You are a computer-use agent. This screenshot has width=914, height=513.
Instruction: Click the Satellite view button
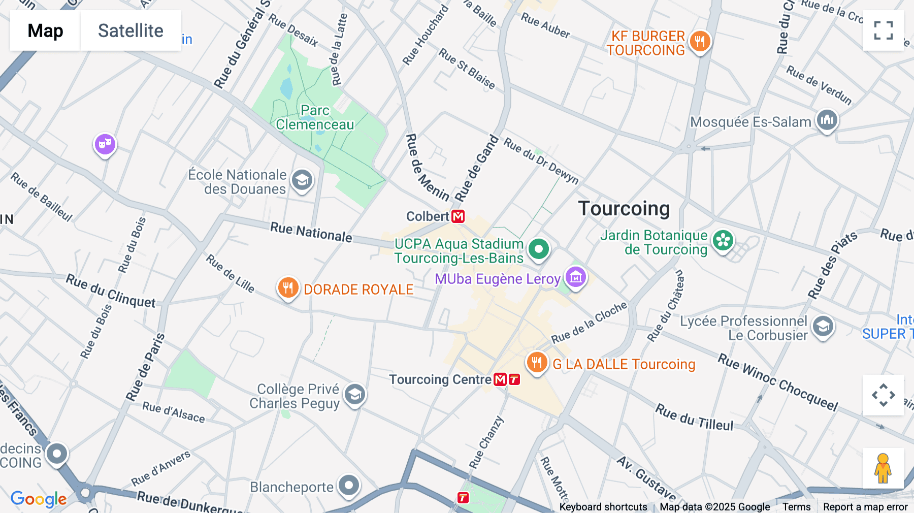pos(130,30)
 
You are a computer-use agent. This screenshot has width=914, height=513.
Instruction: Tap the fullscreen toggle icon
pos(883,30)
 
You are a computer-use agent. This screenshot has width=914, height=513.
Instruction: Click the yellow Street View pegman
pos(883,468)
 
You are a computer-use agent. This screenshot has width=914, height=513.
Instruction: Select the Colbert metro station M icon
pos(458,216)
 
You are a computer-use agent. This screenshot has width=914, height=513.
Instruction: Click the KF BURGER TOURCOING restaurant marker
pos(700,41)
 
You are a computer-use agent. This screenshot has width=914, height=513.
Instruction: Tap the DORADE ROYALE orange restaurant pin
pos(288,287)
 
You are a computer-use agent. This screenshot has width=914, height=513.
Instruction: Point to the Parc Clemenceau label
pos(315,117)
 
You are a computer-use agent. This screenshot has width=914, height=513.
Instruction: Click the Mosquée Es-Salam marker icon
pos(827,120)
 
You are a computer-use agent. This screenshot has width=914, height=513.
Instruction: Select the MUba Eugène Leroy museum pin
pos(575,277)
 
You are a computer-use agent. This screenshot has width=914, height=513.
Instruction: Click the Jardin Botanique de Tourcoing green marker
pos(723,240)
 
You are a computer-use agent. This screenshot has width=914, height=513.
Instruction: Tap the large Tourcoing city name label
pos(624,209)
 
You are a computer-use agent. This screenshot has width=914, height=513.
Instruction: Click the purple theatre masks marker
pos(105,144)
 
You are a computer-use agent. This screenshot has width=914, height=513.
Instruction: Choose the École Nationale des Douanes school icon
pos(302,180)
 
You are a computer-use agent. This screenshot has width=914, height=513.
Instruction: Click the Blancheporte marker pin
pos(349,485)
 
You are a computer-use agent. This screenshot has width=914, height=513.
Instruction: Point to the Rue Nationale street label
pos(311,232)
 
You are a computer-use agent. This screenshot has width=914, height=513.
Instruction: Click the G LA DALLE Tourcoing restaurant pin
pos(537,363)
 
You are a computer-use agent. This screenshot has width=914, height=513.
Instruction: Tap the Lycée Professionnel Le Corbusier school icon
pos(823,326)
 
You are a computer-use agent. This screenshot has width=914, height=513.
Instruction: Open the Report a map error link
pos(865,507)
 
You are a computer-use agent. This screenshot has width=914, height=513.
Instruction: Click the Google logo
pos(39,499)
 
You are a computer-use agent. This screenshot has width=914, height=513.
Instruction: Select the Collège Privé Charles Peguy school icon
pos(354,394)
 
